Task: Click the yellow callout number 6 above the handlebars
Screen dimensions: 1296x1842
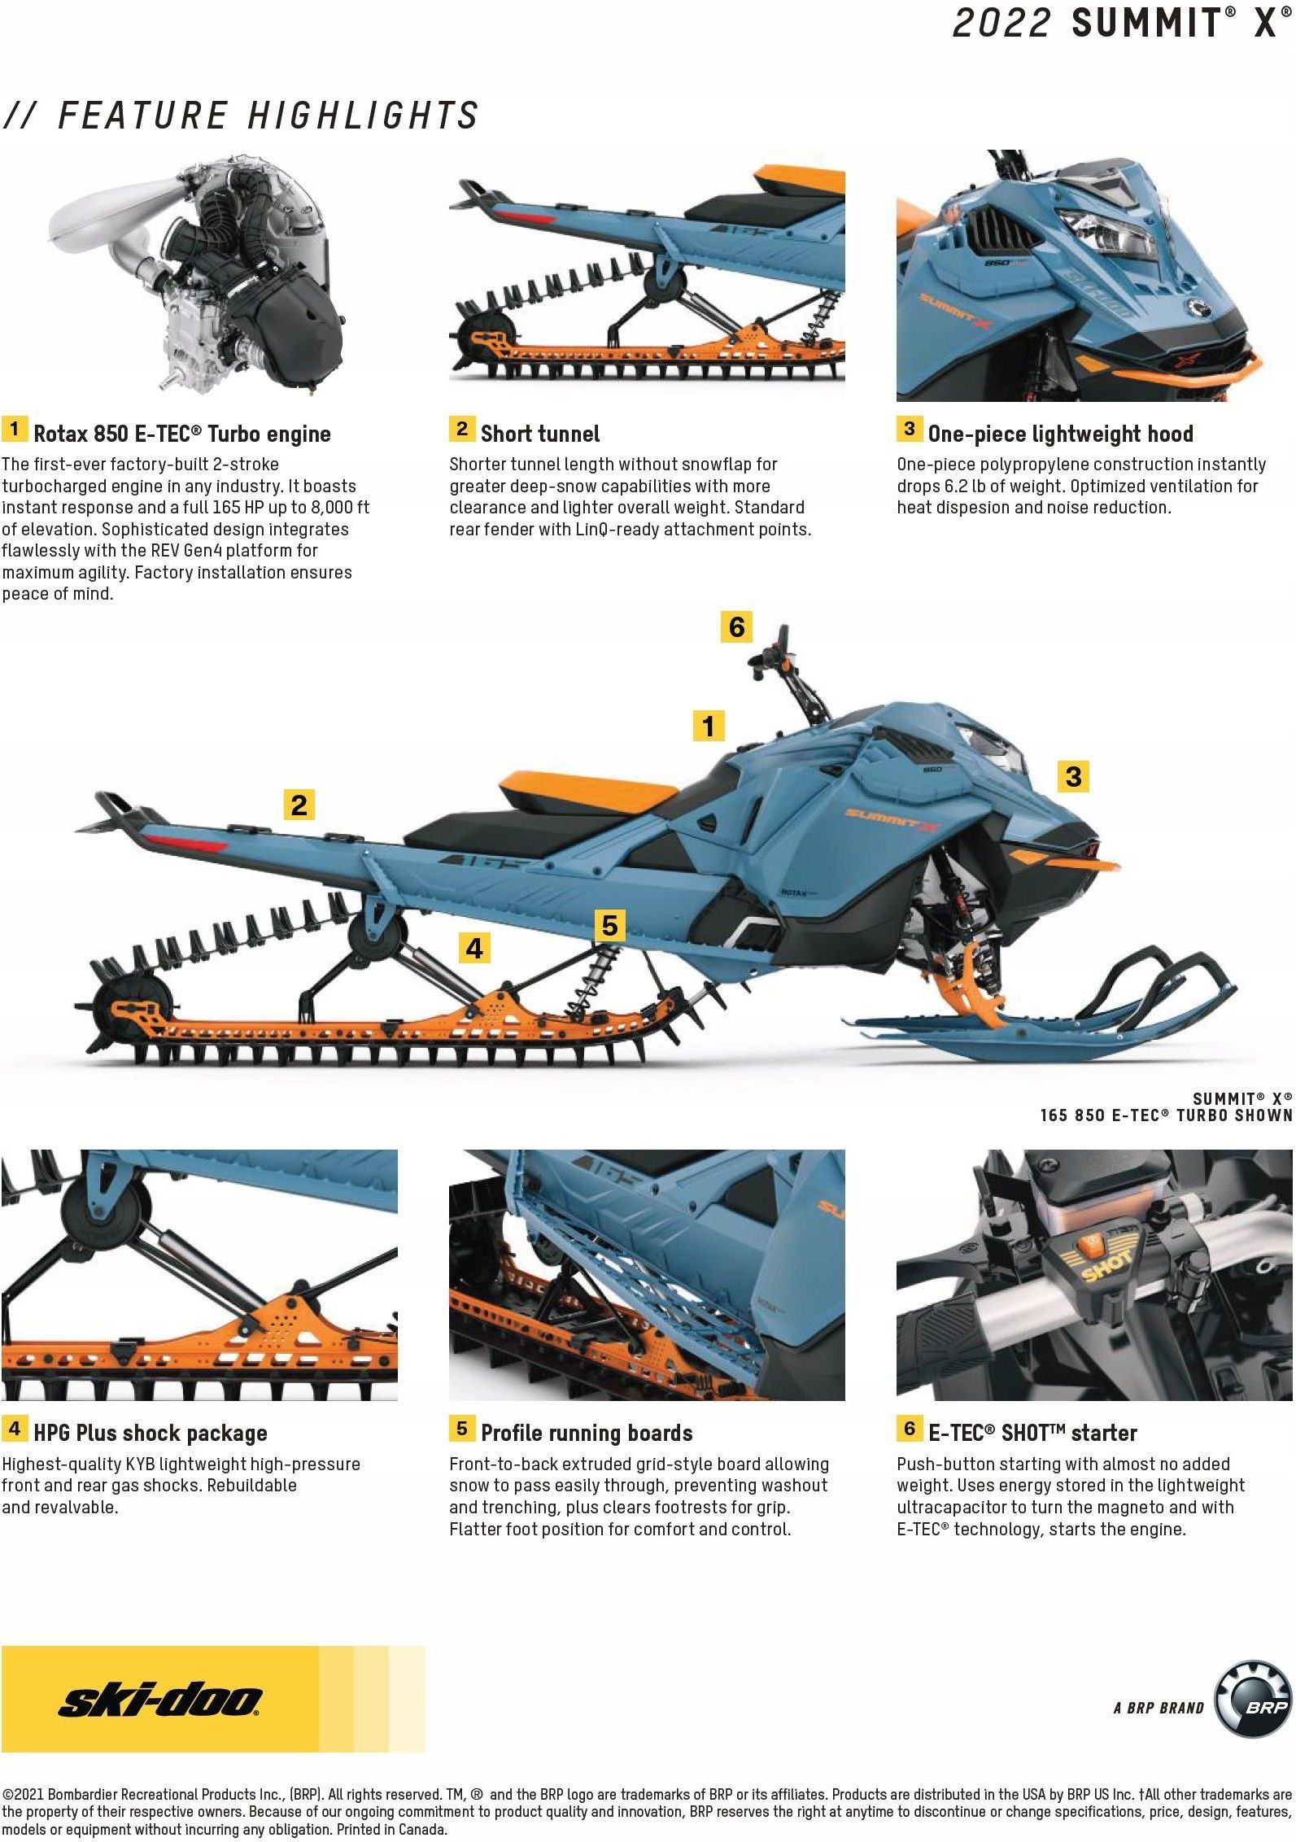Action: [736, 627]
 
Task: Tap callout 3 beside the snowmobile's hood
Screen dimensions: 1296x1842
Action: [1073, 776]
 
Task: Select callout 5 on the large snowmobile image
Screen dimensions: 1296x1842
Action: [609, 925]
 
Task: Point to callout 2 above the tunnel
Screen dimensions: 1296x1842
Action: [299, 805]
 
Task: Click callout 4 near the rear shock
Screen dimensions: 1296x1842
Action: [474, 948]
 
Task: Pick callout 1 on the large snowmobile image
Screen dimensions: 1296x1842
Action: [709, 725]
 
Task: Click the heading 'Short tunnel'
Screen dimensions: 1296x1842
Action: [540, 434]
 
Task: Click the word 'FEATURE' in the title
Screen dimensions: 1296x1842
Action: [143, 115]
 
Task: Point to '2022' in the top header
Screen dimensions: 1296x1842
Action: [1001, 22]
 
